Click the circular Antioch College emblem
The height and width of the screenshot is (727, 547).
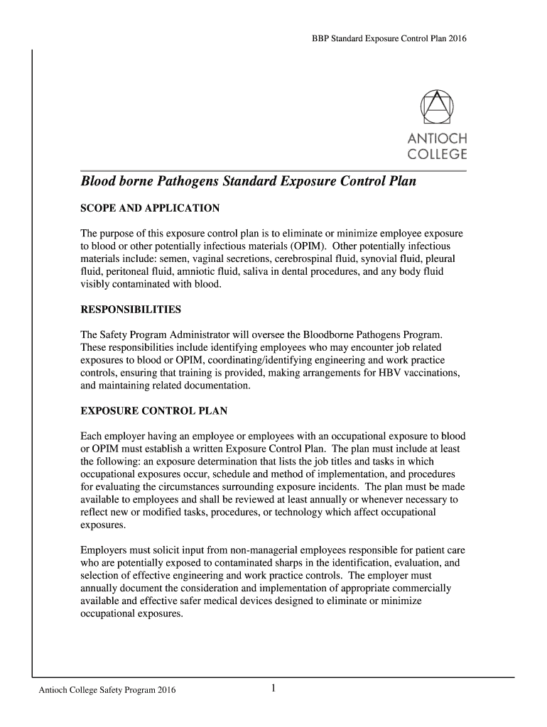(436, 107)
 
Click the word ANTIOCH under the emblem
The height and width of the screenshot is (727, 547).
(436, 138)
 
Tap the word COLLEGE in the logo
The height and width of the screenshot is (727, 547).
(436, 154)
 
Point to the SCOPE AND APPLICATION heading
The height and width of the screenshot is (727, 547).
(150, 208)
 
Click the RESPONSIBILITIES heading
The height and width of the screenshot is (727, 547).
(131, 310)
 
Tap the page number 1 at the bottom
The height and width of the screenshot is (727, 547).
(273, 688)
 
